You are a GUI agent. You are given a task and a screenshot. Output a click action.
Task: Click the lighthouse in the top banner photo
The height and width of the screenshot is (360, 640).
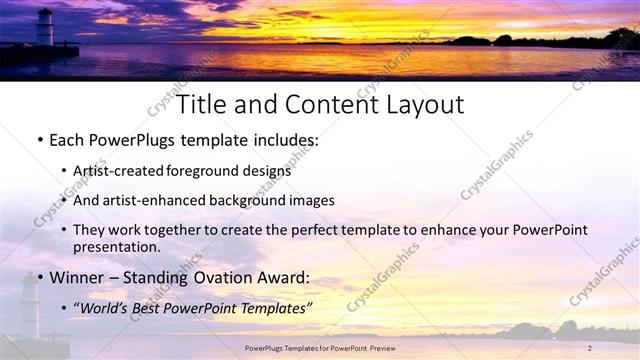click(45, 27)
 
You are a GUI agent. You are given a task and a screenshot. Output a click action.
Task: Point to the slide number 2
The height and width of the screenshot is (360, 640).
click(590, 347)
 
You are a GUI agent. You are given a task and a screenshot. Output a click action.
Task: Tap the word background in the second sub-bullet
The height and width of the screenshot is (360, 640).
click(244, 200)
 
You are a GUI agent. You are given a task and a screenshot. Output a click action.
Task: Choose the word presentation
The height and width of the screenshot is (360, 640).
click(116, 246)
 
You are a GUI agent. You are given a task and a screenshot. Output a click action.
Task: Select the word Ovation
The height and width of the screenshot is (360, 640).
click(224, 276)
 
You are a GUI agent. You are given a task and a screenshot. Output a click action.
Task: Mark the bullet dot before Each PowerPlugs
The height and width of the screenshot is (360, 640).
click(39, 141)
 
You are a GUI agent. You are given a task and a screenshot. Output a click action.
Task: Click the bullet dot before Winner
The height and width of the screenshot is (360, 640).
click(39, 277)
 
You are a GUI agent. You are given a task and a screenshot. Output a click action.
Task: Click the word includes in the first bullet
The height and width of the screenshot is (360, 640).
click(285, 140)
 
